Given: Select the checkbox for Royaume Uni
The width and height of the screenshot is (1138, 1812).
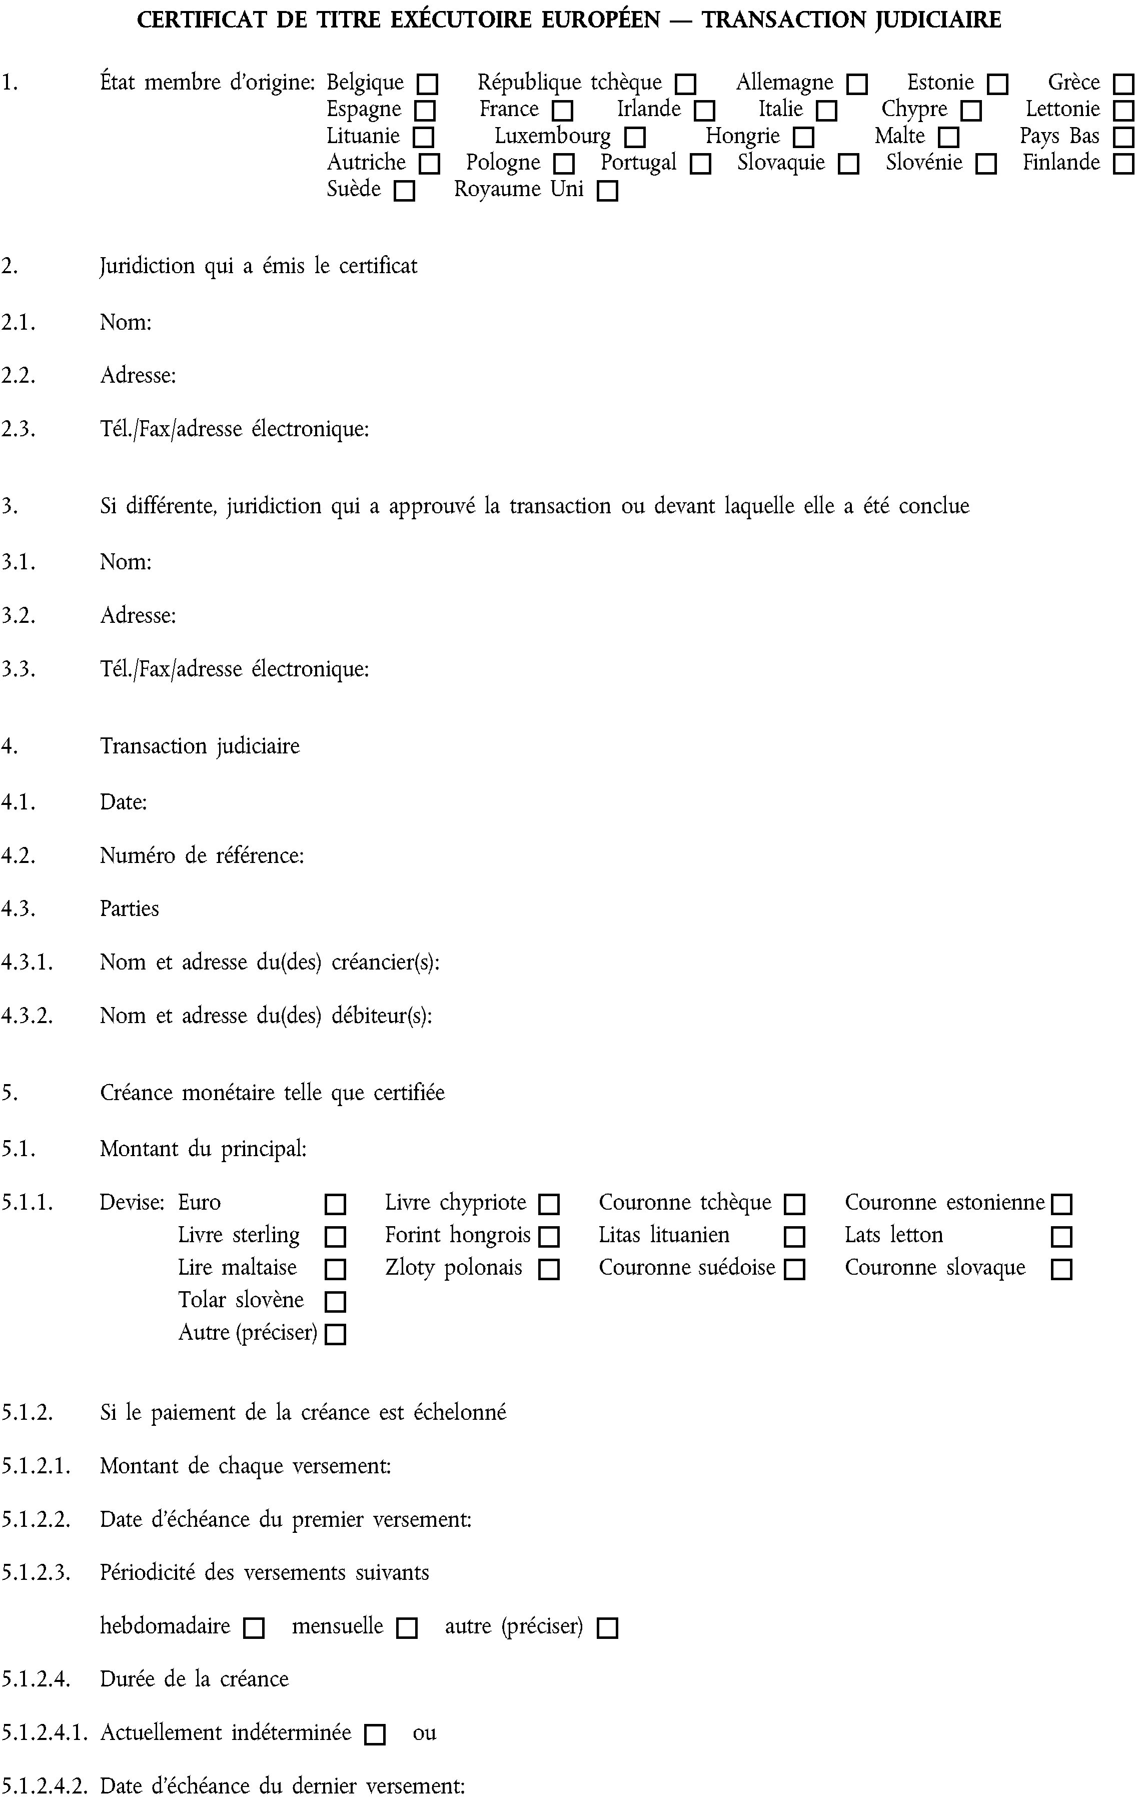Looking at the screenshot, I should [607, 191].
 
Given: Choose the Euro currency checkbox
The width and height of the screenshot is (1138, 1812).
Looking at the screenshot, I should [335, 1204].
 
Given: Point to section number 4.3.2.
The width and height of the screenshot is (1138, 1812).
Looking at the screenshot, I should [27, 1016].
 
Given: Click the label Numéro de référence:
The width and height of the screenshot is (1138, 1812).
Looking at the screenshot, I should [202, 855].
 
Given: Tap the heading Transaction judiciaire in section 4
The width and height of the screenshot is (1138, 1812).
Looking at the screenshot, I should [200, 746].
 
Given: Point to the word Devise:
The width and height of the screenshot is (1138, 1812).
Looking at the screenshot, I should [132, 1203].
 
